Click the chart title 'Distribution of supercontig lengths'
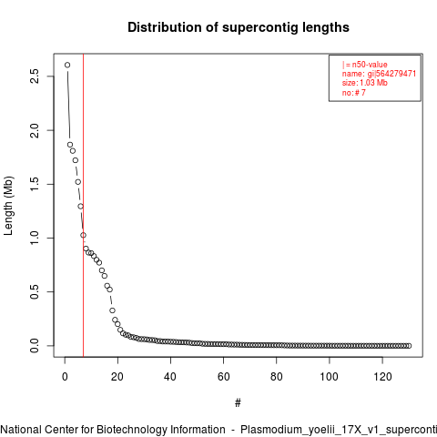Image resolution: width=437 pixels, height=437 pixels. [239, 27]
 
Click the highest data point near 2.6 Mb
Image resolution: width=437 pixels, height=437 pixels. [67, 65]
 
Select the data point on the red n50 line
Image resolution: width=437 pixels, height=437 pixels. [83, 235]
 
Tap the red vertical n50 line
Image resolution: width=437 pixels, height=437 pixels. [83, 205]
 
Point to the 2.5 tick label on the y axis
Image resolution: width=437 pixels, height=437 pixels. [35, 76]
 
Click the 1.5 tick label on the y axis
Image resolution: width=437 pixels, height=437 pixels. [35, 184]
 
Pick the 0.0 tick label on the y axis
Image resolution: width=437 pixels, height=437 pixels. [35, 346]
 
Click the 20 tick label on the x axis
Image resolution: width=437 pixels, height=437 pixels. [117, 377]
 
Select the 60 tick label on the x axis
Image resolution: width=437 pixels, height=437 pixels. [223, 377]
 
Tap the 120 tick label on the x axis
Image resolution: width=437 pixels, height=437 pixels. [382, 377]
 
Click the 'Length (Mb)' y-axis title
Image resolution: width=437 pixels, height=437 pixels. [9, 206]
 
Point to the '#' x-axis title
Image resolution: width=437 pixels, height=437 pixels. [238, 403]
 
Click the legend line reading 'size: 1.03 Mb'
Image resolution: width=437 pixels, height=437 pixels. [364, 83]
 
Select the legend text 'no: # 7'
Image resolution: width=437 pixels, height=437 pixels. [353, 92]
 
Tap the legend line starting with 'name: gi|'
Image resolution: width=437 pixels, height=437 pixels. [379, 74]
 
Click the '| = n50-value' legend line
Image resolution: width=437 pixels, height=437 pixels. [364, 65]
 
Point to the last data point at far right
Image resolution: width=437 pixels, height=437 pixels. [409, 346]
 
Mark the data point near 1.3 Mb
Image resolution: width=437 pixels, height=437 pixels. [80, 207]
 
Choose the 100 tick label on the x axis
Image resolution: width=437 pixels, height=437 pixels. [330, 377]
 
